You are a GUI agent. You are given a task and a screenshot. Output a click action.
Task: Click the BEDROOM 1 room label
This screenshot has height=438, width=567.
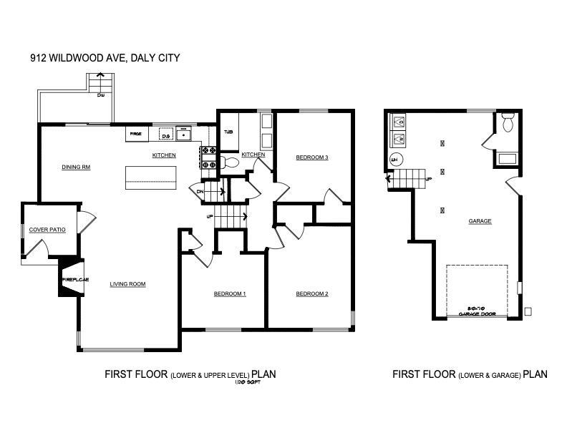(230, 294)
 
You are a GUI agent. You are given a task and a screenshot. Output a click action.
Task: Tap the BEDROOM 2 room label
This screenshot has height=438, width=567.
(312, 294)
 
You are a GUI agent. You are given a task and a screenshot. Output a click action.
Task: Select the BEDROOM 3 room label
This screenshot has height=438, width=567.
(312, 157)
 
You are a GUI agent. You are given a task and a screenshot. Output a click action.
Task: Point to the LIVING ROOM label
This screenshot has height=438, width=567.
(127, 284)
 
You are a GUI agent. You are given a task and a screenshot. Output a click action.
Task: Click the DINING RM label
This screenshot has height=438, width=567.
(76, 167)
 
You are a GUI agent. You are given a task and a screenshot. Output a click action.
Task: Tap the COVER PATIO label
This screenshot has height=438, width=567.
(47, 230)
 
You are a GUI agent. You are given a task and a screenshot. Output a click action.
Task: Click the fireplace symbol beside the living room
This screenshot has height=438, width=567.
(72, 279)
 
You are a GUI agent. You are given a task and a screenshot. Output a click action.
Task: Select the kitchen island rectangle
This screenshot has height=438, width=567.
(150, 177)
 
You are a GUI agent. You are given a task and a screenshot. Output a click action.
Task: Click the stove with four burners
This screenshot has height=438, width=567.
(208, 157)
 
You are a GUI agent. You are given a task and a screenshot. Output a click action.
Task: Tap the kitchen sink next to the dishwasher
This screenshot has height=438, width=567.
(185, 134)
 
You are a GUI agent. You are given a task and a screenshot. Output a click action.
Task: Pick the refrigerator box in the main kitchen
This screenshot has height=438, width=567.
(135, 134)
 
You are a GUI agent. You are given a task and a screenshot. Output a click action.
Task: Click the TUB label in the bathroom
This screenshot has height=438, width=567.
(228, 132)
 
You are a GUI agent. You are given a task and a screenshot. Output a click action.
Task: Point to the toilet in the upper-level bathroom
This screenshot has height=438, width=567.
(228, 163)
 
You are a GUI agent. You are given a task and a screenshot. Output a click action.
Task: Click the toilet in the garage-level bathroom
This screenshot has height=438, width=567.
(508, 124)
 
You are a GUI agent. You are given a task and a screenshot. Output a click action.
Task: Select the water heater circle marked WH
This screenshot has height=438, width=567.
(394, 160)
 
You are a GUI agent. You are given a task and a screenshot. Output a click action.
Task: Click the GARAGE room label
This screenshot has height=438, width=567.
(480, 221)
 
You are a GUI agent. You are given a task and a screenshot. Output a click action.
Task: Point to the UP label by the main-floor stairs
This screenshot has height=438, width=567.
(210, 215)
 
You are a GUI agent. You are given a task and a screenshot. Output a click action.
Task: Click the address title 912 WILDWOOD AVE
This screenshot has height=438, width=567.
(105, 60)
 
